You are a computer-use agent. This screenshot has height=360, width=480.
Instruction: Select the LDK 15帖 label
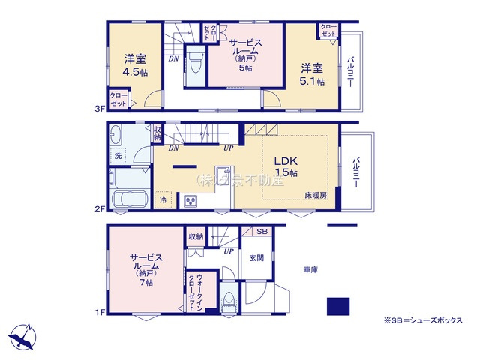click(286, 167)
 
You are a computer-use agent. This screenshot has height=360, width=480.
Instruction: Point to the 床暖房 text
click(315, 195)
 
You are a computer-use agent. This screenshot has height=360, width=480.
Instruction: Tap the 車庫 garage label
click(311, 269)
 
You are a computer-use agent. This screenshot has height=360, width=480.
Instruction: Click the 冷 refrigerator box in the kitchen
click(163, 200)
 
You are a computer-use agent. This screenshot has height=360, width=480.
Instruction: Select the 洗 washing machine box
click(118, 156)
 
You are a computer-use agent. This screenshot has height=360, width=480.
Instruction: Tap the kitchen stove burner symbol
click(189, 200)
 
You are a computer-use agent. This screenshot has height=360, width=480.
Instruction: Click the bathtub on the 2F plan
click(129, 201)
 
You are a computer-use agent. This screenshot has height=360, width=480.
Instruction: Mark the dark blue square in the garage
click(338, 307)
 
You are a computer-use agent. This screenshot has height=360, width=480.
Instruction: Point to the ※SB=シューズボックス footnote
click(424, 320)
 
